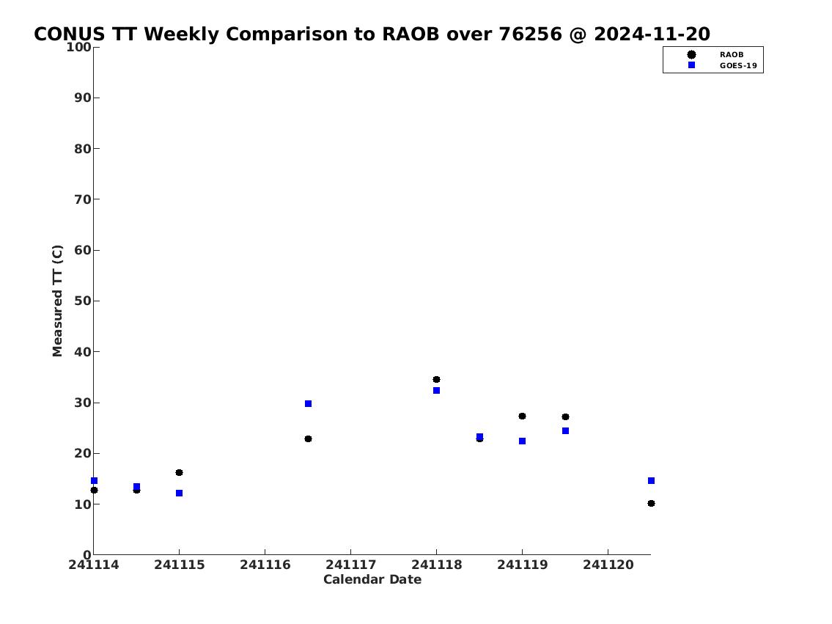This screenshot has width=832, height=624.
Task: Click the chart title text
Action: tap(372, 34)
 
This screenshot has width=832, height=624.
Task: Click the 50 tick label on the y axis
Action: tap(83, 301)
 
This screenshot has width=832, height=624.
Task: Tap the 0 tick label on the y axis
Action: tap(87, 555)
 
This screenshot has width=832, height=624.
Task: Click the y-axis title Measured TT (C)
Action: tap(57, 301)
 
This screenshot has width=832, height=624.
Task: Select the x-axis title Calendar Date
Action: tap(372, 579)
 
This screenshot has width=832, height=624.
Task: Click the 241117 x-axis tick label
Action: tap(350, 565)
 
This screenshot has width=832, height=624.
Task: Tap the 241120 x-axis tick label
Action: tap(608, 565)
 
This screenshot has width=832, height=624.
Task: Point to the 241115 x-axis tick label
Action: tap(180, 565)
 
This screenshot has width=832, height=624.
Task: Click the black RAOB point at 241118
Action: tap(436, 379)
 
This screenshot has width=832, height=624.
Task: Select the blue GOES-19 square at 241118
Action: tap(436, 391)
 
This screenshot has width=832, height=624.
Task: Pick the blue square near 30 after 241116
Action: tap(309, 404)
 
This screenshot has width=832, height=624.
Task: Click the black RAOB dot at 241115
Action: tap(180, 473)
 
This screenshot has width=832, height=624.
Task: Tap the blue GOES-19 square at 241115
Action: tap(180, 493)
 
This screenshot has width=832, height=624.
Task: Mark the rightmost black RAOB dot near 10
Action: tap(651, 504)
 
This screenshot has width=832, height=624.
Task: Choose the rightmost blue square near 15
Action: tap(651, 481)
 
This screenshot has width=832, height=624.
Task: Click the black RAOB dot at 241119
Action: tap(522, 416)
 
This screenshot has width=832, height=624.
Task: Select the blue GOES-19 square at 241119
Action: tap(522, 441)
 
